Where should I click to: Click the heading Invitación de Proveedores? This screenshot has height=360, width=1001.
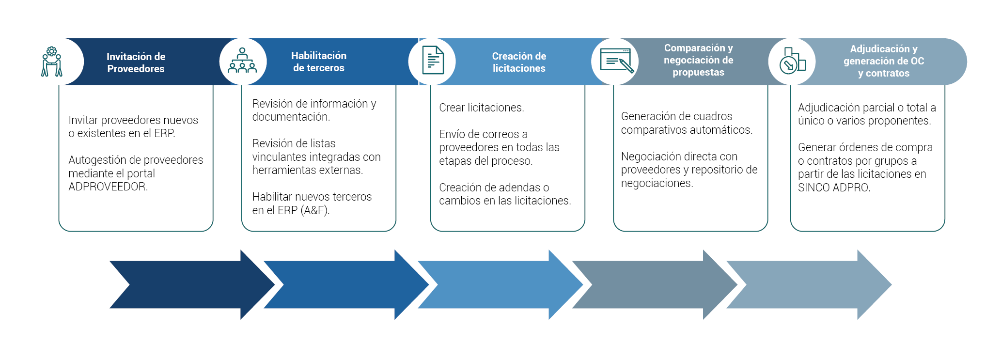pyautogui.click(x=136, y=63)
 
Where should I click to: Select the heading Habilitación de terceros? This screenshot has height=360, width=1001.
pyautogui.click(x=318, y=62)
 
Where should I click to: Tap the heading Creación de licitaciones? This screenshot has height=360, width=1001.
pyautogui.click(x=519, y=62)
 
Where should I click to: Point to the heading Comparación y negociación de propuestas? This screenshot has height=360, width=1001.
pyautogui.click(x=698, y=60)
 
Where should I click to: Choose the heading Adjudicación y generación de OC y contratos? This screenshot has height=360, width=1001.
pyautogui.click(x=883, y=61)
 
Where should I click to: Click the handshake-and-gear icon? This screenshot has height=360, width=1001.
pyautogui.click(x=52, y=62)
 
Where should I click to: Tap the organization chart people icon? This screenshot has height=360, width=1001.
pyautogui.click(x=242, y=61)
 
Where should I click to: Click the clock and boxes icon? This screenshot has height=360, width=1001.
pyautogui.click(x=792, y=61)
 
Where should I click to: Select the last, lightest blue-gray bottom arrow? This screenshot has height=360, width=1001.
pyautogui.click(x=809, y=284)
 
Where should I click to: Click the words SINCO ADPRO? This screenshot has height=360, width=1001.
pyautogui.click(x=834, y=188)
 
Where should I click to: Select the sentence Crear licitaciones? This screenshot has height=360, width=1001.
pyautogui.click(x=482, y=108)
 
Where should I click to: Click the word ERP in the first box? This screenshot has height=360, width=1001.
pyautogui.click(x=164, y=133)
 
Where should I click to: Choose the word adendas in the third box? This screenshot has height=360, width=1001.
pyautogui.click(x=520, y=188)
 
